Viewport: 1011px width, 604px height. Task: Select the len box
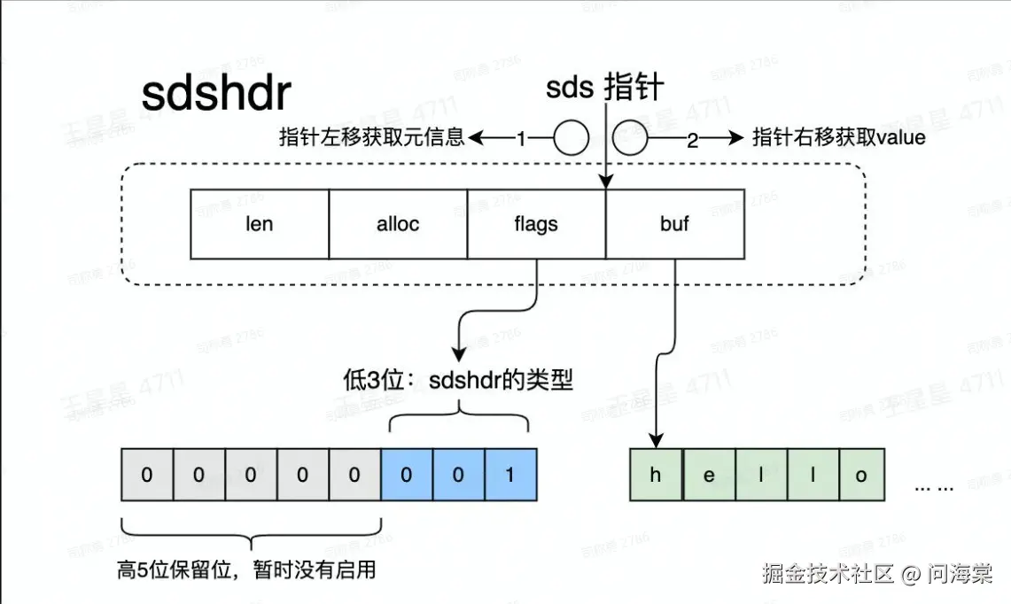tap(260, 224)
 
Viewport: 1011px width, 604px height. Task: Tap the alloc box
tap(398, 224)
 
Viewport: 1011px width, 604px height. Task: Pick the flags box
tap(536, 224)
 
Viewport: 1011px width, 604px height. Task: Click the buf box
tap(674, 224)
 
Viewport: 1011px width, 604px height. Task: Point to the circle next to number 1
tap(572, 138)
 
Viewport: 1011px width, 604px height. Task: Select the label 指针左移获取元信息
tap(372, 137)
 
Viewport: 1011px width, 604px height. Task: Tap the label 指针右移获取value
tap(838, 137)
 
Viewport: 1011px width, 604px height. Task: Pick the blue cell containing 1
tap(509, 475)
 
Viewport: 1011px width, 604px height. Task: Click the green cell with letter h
tap(656, 475)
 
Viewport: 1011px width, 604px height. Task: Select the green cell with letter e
tap(709, 475)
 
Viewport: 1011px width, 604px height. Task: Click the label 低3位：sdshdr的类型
tap(458, 381)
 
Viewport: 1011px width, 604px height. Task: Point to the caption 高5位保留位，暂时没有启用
tap(246, 569)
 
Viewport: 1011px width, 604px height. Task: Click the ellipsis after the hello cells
tap(933, 486)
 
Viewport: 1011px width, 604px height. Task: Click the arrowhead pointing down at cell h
tap(657, 440)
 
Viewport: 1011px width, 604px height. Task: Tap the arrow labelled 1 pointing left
tap(501, 138)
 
